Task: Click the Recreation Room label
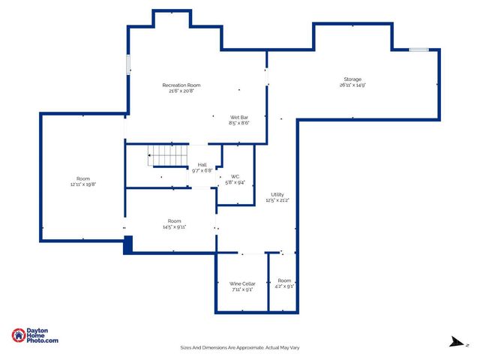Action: (x=182, y=85)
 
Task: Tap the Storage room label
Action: (x=352, y=79)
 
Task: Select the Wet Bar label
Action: (x=239, y=118)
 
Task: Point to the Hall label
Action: (x=202, y=164)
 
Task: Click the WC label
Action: (x=235, y=177)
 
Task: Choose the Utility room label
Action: (x=277, y=195)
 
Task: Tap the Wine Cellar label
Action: (x=242, y=283)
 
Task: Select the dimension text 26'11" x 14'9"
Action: (x=352, y=85)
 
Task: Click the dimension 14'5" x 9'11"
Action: (x=174, y=226)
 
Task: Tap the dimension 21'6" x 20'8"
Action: (x=182, y=91)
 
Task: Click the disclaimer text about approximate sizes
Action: (x=240, y=347)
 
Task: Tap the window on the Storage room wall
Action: (x=418, y=50)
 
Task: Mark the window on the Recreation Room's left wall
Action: (x=127, y=64)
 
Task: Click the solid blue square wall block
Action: (x=127, y=244)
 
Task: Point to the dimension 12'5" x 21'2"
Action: (x=277, y=201)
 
